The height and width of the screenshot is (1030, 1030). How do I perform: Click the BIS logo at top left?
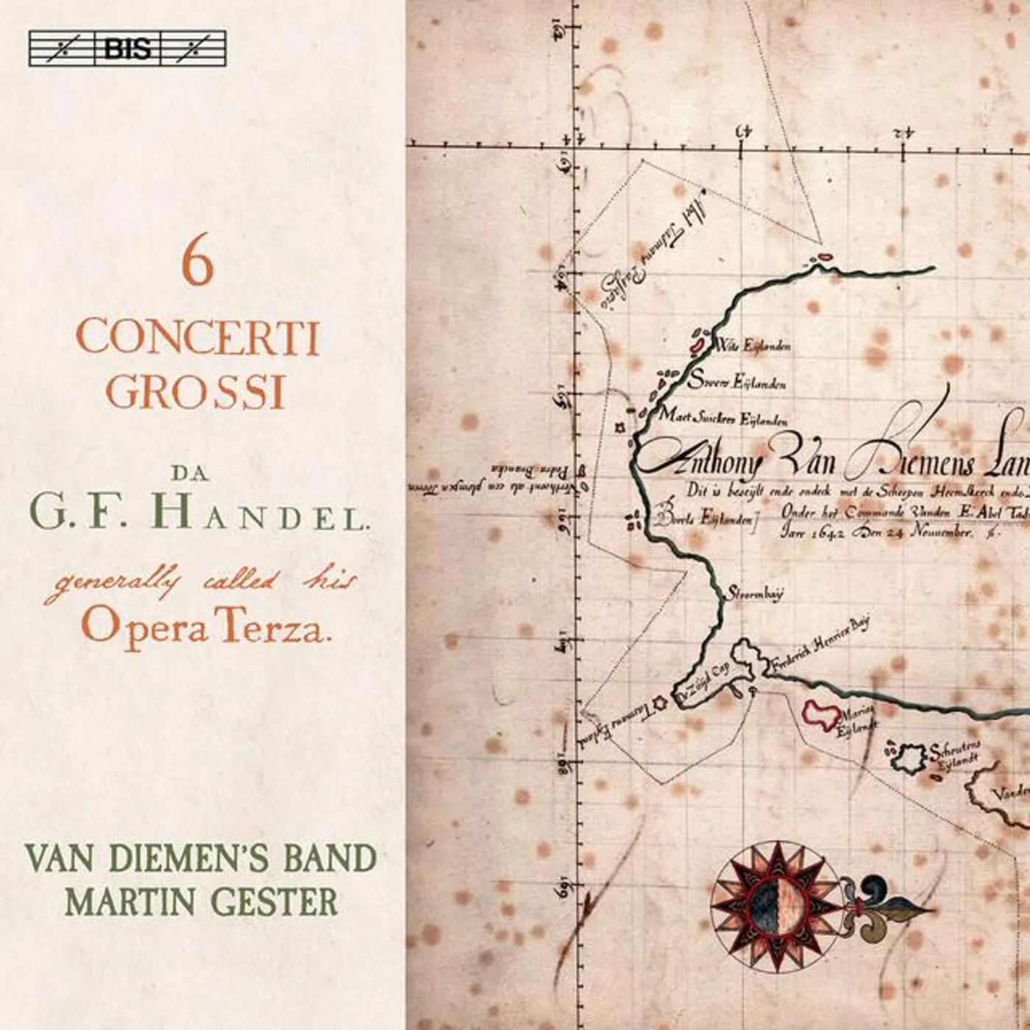pyautogui.click(x=127, y=49)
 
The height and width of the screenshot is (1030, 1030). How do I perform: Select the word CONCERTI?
pyautogui.click(x=198, y=338)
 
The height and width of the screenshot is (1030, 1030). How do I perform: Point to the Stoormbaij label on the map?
pyautogui.click(x=755, y=593)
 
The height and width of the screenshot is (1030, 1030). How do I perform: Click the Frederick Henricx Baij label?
pyautogui.click(x=820, y=646)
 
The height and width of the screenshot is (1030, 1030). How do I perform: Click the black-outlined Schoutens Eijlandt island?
pyautogui.click(x=907, y=759)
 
